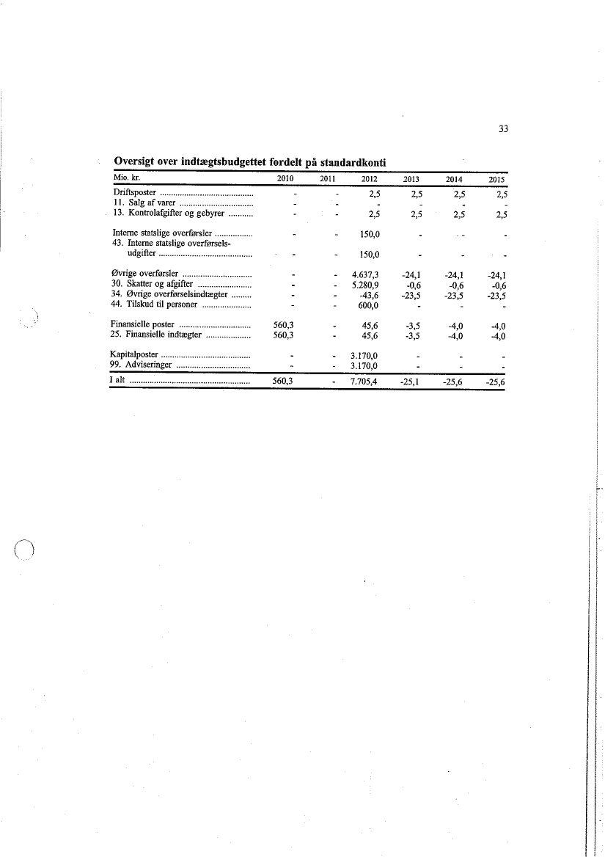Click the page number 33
[x=503, y=129]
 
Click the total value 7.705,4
[x=364, y=382]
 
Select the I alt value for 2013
[x=406, y=382]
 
